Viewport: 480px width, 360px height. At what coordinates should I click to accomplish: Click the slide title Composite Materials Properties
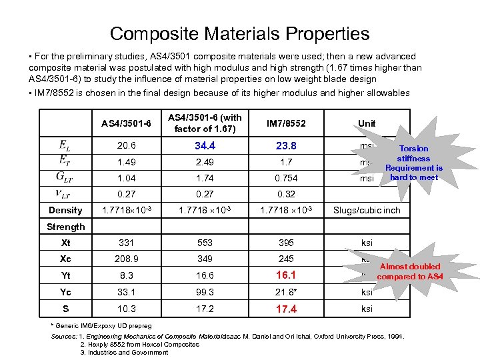(x=239, y=33)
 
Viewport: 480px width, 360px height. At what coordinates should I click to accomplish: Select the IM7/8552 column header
(x=286, y=123)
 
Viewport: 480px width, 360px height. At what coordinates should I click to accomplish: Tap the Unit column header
(x=366, y=123)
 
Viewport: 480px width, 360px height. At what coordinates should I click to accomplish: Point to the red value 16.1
(x=286, y=274)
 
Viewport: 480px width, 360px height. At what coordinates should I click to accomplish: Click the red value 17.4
(x=286, y=309)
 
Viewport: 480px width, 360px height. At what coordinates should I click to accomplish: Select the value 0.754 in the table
(x=286, y=179)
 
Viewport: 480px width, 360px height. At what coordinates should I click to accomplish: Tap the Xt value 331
(x=125, y=243)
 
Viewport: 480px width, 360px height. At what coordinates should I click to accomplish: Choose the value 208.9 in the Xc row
(x=125, y=258)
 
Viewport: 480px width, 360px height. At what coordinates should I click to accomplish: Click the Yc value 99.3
(x=205, y=291)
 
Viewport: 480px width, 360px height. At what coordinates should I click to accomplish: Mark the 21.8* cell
(x=287, y=291)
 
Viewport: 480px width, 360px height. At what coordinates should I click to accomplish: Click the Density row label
(x=65, y=210)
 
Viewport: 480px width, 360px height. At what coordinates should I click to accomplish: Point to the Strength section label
(x=65, y=227)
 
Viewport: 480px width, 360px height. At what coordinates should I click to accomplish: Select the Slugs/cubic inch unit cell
(x=367, y=210)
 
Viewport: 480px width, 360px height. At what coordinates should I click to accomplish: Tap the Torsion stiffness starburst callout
(x=413, y=163)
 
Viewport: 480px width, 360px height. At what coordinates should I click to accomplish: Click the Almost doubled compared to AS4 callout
(x=409, y=271)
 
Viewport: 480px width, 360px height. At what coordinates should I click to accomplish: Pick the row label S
(x=65, y=309)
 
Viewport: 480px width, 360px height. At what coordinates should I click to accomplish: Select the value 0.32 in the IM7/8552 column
(x=286, y=194)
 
